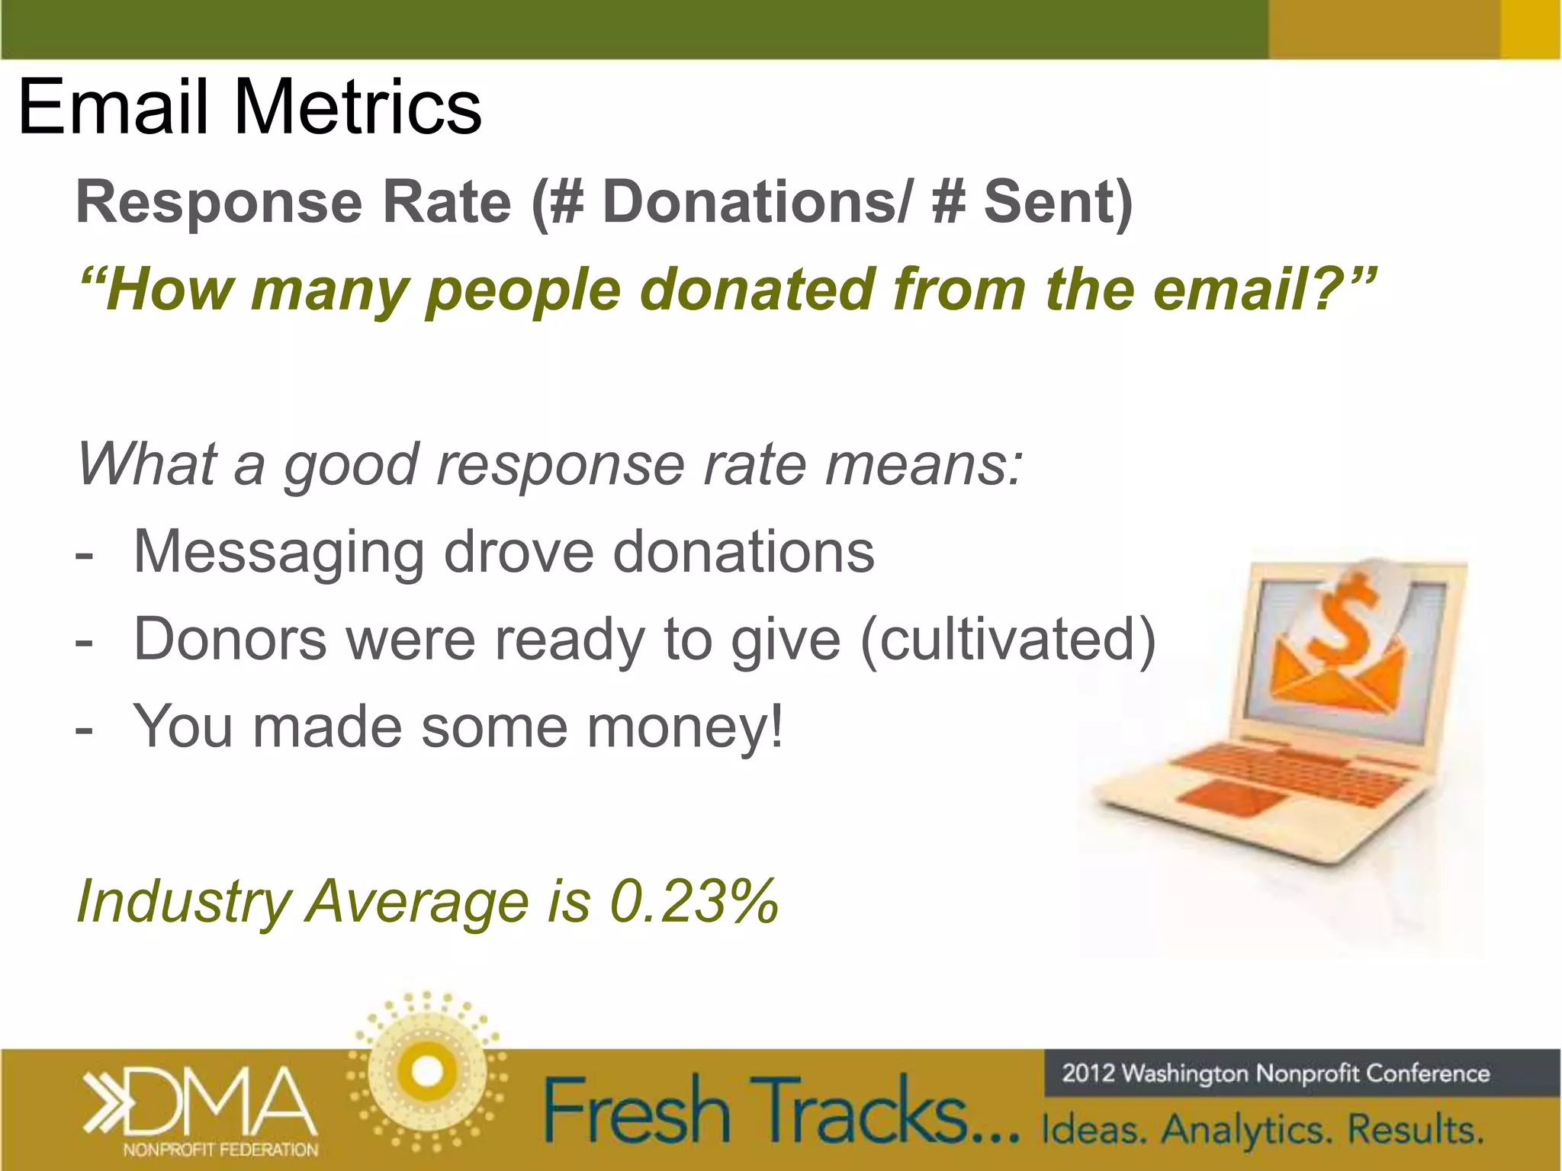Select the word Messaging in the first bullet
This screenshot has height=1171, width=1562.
click(x=278, y=552)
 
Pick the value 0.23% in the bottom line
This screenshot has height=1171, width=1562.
click(x=694, y=901)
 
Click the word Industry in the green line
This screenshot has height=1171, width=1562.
click(x=183, y=901)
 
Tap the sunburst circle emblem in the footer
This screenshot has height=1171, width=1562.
click(x=427, y=1072)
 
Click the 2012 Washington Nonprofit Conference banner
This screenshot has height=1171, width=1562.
click(x=1275, y=1073)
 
